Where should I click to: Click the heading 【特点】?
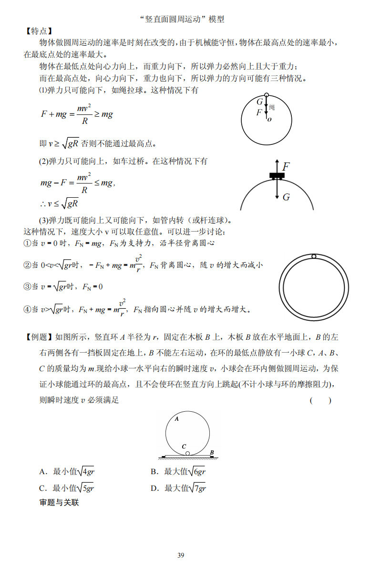[x=38, y=31]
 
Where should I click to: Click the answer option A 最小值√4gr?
[x=70, y=472]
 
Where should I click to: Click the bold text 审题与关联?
[x=59, y=502]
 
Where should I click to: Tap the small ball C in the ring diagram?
[x=187, y=453]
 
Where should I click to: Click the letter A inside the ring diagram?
[x=176, y=419]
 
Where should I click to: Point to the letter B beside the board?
[x=212, y=452]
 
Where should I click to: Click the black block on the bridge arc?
[x=277, y=176]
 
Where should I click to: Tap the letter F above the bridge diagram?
[x=286, y=167]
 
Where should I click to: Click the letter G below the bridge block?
[x=286, y=196]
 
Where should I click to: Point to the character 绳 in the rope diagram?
[x=272, y=107]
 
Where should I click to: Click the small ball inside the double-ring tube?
[x=314, y=257]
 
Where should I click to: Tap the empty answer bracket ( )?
[x=320, y=400]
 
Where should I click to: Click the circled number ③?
[x=27, y=286]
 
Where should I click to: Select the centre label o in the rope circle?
[x=269, y=119]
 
